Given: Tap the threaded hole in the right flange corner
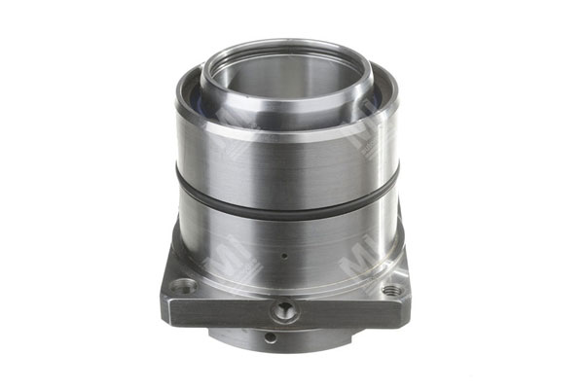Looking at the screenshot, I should (x=392, y=289).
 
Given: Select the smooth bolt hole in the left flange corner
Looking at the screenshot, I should (x=182, y=285).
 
